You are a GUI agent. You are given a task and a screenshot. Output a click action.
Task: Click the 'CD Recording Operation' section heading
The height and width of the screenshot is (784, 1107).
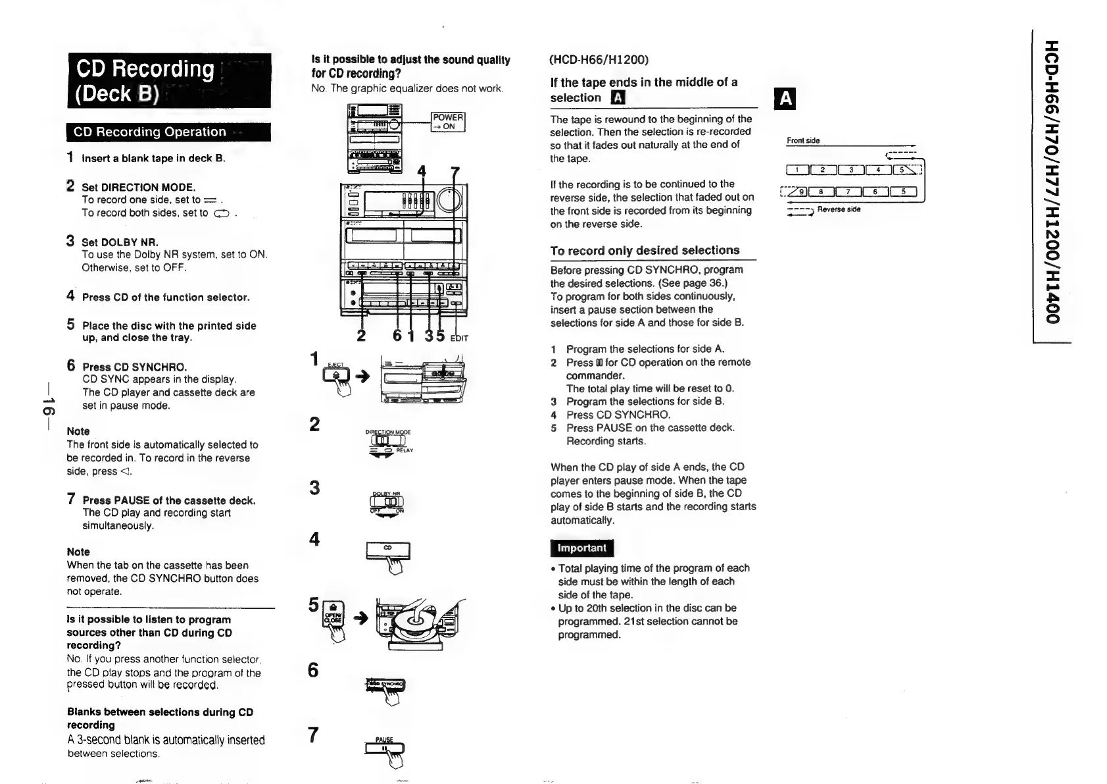[150, 132]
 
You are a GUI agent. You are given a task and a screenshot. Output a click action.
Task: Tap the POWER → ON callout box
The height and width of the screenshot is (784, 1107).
[447, 122]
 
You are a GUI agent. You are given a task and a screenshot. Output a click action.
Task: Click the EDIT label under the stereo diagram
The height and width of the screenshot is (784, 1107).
[459, 338]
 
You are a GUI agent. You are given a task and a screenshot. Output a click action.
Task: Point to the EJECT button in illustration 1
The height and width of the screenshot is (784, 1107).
[336, 373]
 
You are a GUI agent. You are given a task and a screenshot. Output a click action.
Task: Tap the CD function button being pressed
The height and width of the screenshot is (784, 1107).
[387, 549]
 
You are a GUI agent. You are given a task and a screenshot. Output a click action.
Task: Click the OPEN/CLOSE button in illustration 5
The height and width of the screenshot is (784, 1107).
[333, 616]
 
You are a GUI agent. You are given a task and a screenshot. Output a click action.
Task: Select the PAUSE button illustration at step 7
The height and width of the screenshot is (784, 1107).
[384, 747]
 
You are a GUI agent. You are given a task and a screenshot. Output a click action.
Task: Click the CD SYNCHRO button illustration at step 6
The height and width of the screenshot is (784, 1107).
[385, 685]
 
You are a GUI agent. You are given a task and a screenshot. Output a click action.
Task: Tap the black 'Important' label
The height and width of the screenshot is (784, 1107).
[581, 548]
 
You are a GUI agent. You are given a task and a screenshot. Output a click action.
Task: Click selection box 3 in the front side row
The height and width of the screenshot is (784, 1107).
[851, 170]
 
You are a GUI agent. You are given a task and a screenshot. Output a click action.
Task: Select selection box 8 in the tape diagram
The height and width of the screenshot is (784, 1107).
[821, 192]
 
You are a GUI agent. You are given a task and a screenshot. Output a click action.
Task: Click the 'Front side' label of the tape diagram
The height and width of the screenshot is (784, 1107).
[803, 140]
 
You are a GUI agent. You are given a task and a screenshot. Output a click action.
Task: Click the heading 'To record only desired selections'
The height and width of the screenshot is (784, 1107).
[645, 250]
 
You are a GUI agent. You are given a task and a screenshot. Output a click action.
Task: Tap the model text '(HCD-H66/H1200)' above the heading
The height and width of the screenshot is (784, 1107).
[599, 60]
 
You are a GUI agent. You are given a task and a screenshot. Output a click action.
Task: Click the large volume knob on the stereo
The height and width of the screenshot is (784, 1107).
[450, 201]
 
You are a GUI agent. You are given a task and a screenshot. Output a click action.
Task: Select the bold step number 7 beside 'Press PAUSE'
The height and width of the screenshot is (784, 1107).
[71, 499]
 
